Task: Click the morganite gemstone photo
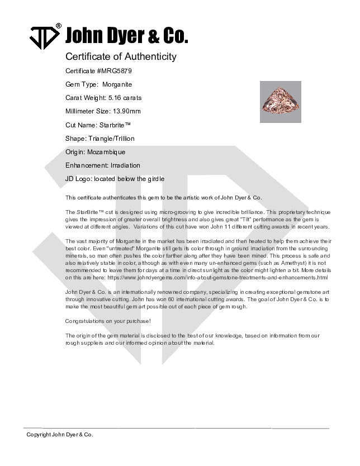[x=281, y=101]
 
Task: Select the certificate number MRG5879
[x=115, y=71]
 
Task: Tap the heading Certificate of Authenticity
[x=121, y=56]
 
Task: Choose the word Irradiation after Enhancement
[x=125, y=165]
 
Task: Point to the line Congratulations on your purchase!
[x=100, y=321]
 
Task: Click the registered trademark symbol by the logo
[x=59, y=26]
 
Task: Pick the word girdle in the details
[x=155, y=179]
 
